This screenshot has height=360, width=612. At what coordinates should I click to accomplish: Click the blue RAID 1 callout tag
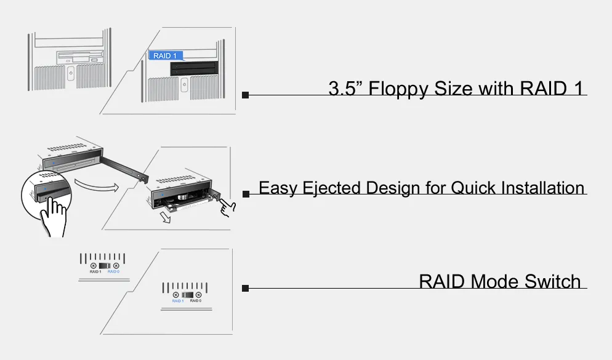pyautogui.click(x=165, y=55)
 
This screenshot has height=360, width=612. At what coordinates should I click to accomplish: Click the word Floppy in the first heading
pyautogui.click(x=400, y=89)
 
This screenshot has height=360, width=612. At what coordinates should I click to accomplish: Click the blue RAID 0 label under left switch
pyautogui.click(x=114, y=271)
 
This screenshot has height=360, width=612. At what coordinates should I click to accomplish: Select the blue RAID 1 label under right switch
pyautogui.click(x=178, y=301)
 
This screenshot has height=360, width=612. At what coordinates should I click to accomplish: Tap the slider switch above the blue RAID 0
pyautogui.click(x=105, y=265)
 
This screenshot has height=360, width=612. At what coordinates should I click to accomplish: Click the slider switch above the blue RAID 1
pyautogui.click(x=187, y=295)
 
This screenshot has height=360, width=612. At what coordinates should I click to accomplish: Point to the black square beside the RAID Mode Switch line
pyautogui.click(x=245, y=288)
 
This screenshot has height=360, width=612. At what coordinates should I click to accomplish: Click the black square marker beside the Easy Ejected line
pyautogui.click(x=246, y=194)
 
